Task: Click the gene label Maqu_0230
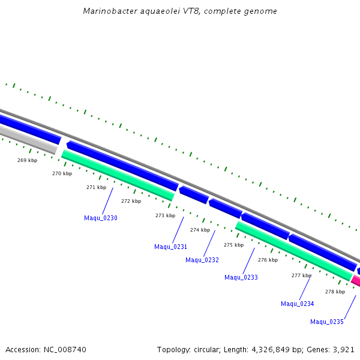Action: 101,218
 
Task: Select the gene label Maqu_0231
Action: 170,247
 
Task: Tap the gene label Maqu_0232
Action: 202,260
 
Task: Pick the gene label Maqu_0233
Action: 241,277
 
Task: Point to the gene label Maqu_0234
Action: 298,304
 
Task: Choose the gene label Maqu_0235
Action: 327,322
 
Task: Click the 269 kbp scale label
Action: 28,160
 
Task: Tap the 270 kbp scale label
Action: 62,173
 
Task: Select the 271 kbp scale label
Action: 96,187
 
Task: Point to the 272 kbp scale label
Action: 131,201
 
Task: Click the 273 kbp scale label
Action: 165,215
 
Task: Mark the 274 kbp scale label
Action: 200,230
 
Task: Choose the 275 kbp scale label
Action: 234,245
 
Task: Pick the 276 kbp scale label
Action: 268,260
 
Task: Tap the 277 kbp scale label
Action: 302,275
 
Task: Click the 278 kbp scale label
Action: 335,292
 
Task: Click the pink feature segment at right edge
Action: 356,281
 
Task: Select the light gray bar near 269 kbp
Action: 27,140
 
